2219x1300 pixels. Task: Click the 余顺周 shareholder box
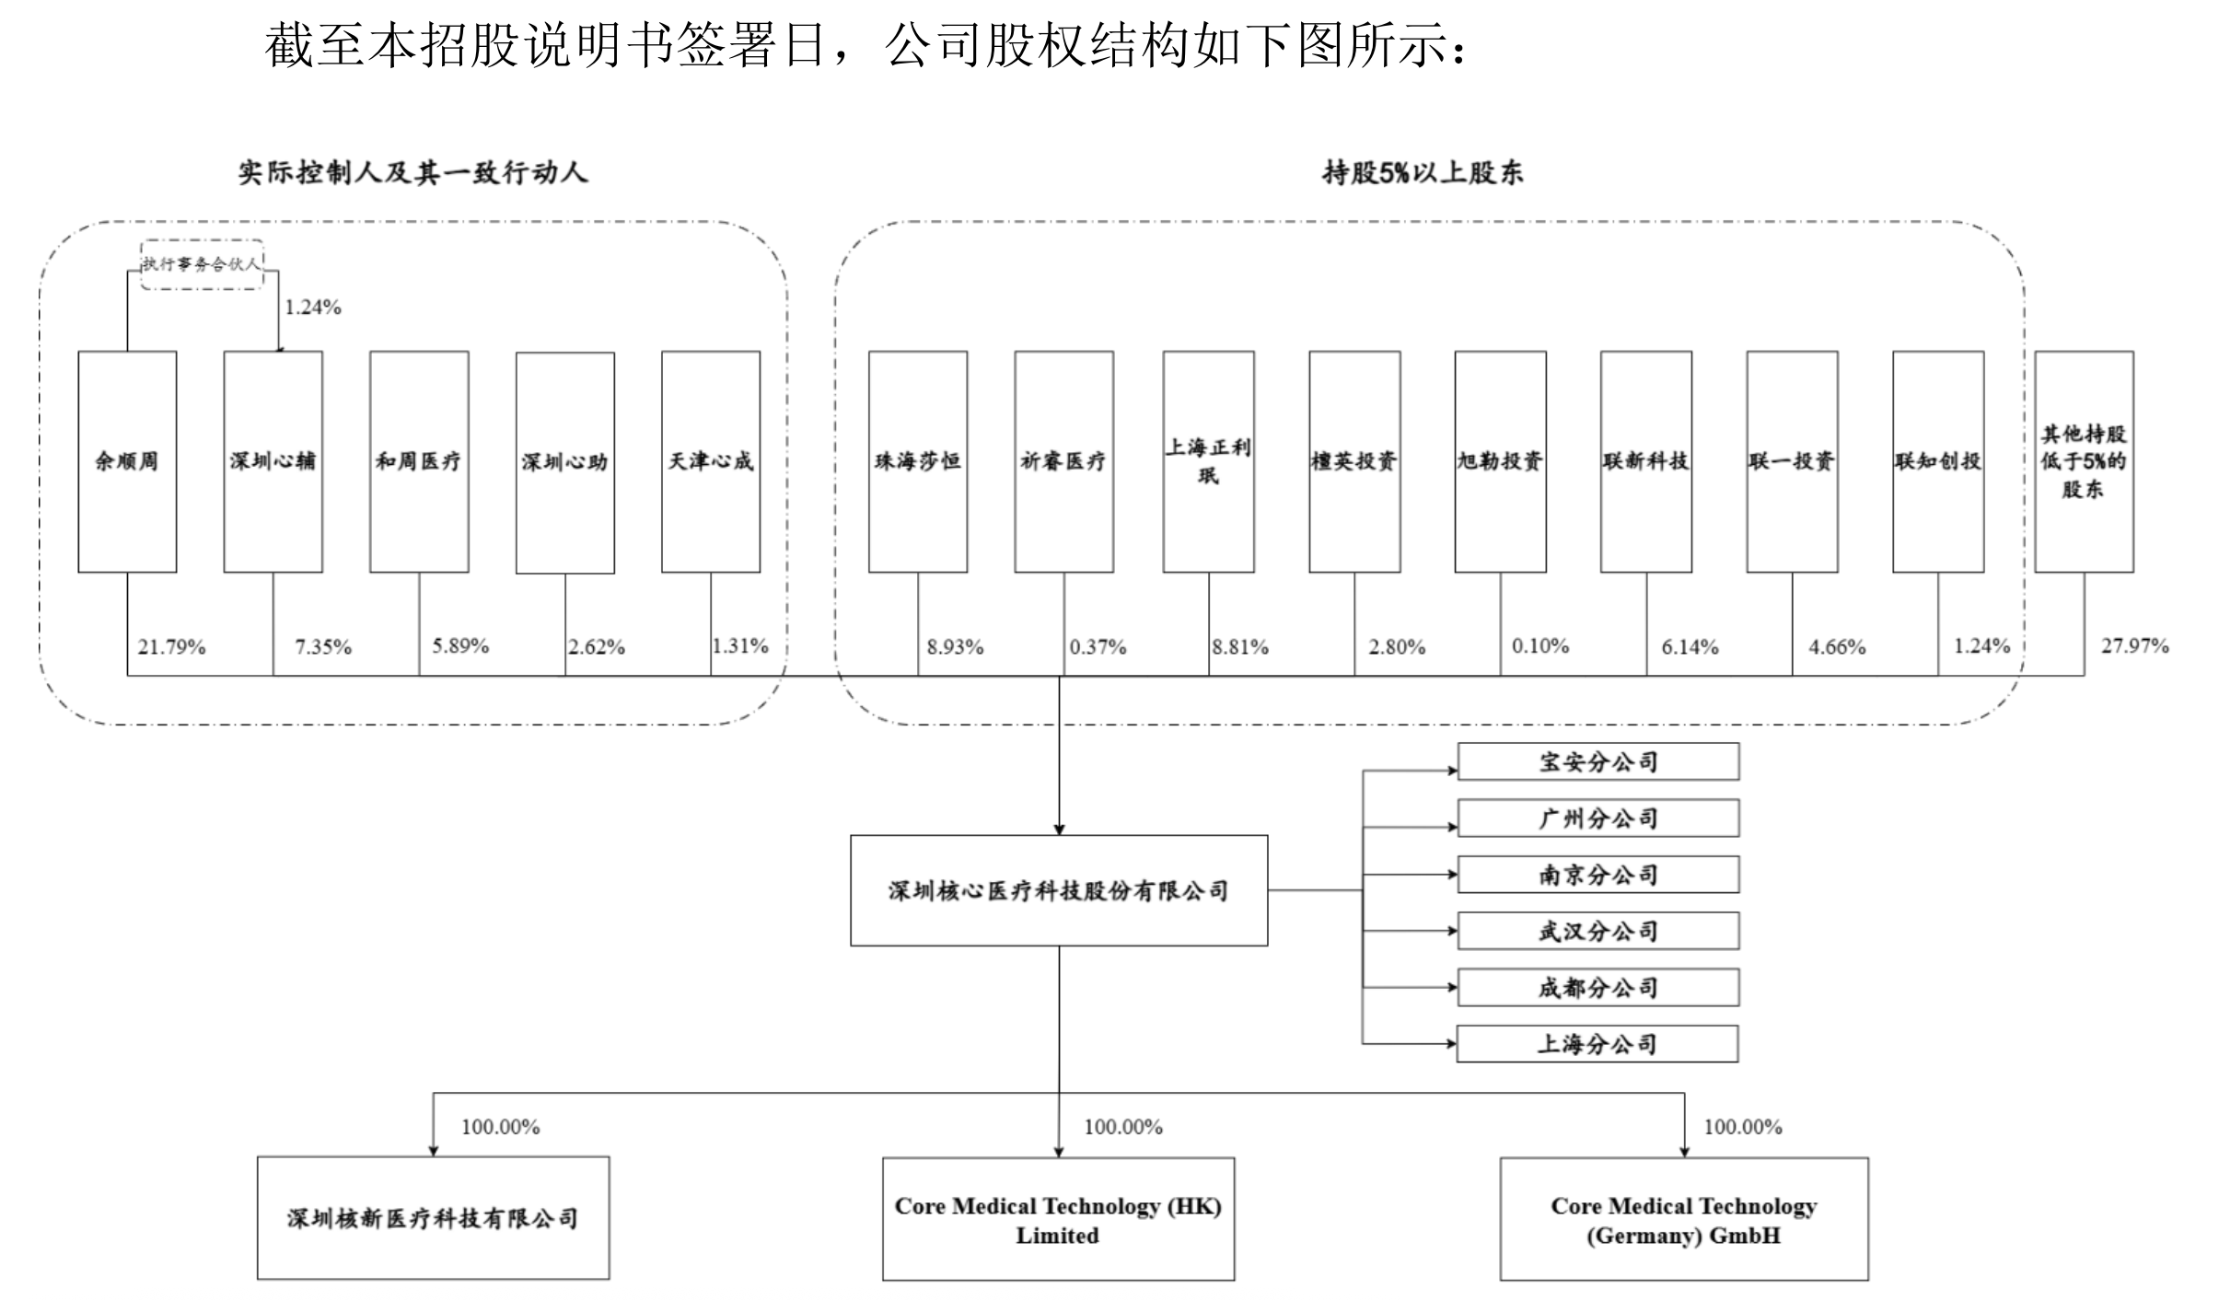[127, 461]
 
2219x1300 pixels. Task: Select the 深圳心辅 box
[273, 461]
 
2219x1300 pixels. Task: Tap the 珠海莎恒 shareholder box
[918, 461]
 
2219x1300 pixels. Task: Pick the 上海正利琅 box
[1208, 461]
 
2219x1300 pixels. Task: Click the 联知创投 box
[1938, 461]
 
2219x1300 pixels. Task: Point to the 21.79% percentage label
[171, 647]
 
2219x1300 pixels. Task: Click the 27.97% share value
[2134, 646]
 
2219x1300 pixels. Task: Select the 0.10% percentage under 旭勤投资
[1540, 646]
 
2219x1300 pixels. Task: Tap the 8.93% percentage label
[955, 647]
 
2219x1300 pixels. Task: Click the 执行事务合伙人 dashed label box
[202, 264]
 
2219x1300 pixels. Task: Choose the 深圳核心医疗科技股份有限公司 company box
[1059, 890]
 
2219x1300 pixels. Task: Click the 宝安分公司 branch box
[1598, 761]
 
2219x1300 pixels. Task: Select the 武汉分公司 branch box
[1598, 931]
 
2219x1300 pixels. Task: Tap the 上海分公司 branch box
[1597, 1044]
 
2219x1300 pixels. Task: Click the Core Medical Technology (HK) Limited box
[1058, 1219]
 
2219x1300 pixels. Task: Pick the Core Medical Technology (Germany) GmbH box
[1684, 1219]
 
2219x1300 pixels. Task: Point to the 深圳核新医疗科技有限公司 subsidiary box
[433, 1218]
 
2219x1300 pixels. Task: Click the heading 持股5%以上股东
[1423, 172]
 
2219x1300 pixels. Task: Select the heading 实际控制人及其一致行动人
[412, 172]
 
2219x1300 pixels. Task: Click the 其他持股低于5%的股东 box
[2084, 461]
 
